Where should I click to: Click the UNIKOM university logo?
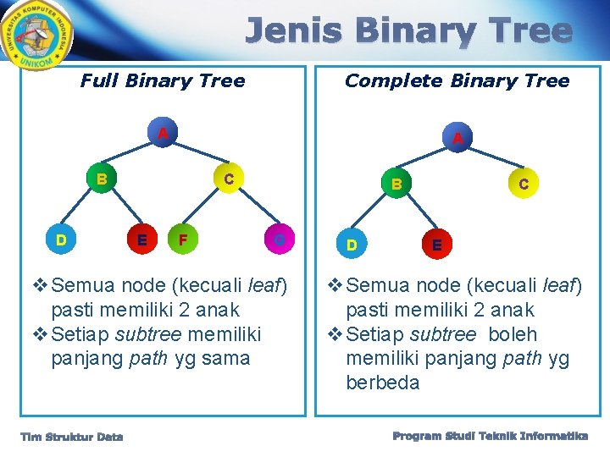click(38, 35)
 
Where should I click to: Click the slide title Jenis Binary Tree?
click(409, 31)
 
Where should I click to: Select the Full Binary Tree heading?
click(163, 81)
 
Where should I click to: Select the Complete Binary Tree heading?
click(457, 81)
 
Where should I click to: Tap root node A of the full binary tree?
click(163, 134)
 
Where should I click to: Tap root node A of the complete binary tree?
click(457, 138)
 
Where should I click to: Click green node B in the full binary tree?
click(102, 179)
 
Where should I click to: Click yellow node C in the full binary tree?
click(228, 179)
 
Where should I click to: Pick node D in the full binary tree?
click(61, 240)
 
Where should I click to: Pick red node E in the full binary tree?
click(141, 240)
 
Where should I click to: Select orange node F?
click(183, 240)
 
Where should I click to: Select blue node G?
click(279, 240)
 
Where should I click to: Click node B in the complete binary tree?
click(396, 184)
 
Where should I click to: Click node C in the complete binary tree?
click(524, 184)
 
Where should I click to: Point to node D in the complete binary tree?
click(351, 245)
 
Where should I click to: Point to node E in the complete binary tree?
click(436, 245)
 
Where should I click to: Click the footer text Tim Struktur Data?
click(72, 437)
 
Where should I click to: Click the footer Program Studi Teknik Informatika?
click(491, 436)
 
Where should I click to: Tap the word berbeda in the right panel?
click(382, 383)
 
